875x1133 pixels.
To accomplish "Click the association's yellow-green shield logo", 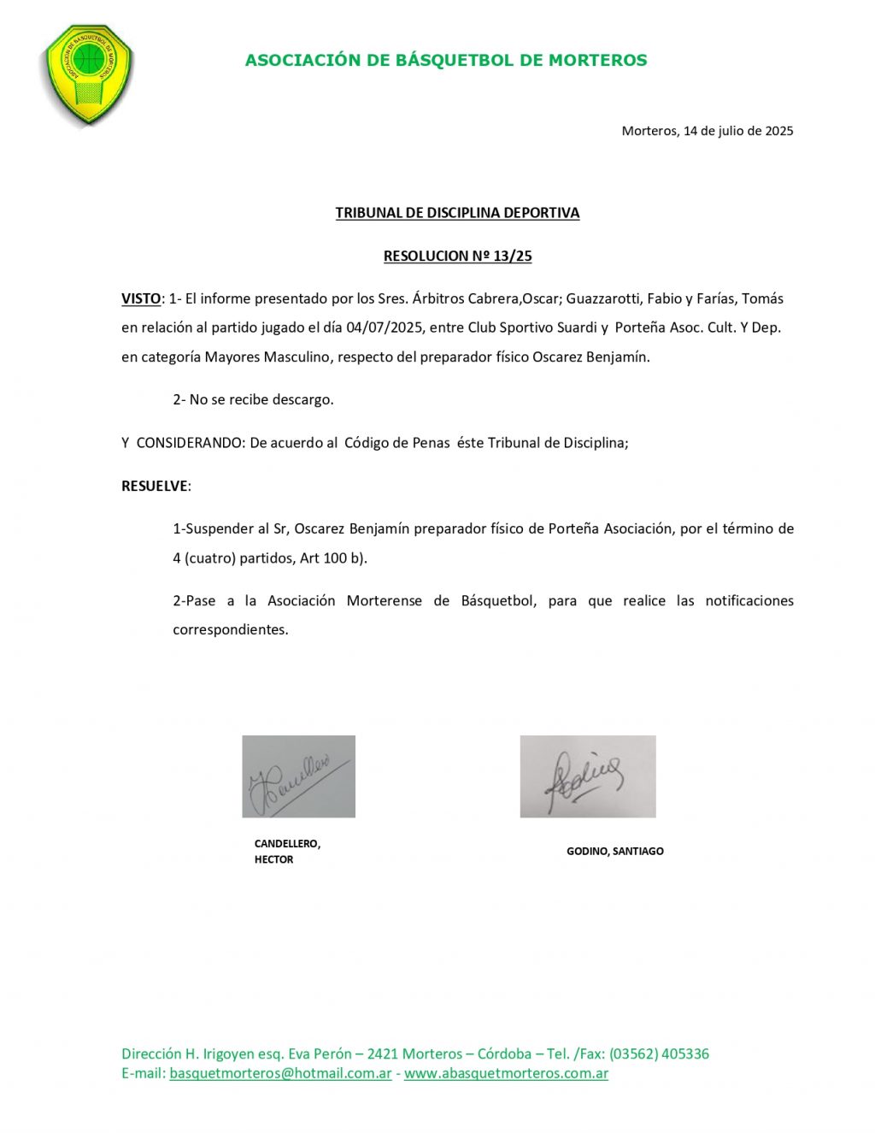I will [x=88, y=74].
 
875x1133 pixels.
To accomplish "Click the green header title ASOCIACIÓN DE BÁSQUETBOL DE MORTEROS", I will [x=446, y=60].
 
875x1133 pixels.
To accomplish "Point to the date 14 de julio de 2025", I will [x=738, y=131].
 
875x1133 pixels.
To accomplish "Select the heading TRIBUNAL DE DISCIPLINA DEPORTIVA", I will [x=457, y=213].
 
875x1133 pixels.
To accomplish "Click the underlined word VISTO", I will [x=141, y=298].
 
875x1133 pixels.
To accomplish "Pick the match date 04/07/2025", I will [x=385, y=328].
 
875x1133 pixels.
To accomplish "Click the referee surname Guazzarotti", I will [x=602, y=298].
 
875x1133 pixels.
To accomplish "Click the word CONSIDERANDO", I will [x=191, y=443].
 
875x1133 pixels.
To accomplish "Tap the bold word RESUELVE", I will [x=155, y=486].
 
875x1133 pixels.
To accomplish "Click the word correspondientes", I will [x=231, y=630].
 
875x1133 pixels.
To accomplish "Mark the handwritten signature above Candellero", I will [x=298, y=776].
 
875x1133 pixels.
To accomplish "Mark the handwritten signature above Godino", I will [x=587, y=776].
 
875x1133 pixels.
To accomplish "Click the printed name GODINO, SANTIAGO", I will [x=615, y=852].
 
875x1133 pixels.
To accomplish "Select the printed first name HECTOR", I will [x=273, y=860].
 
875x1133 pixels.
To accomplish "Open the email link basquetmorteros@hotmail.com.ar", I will [x=280, y=1073].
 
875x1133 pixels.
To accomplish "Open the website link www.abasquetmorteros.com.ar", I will [x=506, y=1073].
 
